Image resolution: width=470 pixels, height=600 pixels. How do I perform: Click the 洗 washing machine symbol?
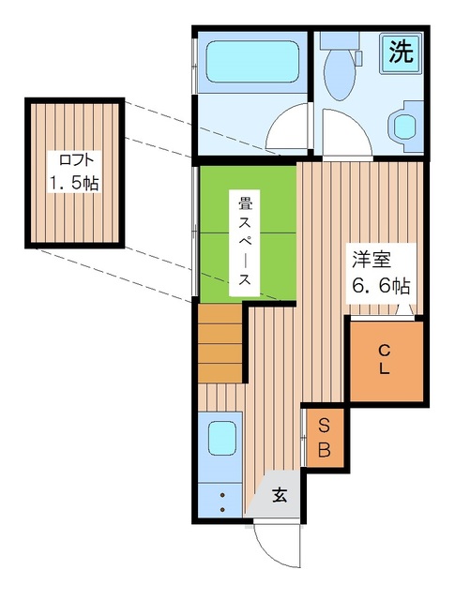(x=402, y=52)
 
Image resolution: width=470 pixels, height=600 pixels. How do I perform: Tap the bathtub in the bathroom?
(x=252, y=61)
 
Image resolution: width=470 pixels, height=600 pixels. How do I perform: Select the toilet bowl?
(x=340, y=74)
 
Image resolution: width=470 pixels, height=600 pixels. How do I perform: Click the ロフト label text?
(x=76, y=160)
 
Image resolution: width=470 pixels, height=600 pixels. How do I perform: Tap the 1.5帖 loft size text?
(x=74, y=184)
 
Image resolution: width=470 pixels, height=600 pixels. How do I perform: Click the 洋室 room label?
(x=371, y=260)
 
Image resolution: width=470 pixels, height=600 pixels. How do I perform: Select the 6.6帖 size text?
(x=381, y=285)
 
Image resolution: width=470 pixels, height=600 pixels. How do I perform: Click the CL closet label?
(x=385, y=359)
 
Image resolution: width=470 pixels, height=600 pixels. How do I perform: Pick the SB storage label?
(x=324, y=438)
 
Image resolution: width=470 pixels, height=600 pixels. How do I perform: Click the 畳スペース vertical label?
(x=245, y=243)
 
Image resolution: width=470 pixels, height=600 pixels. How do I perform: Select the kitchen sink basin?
(x=221, y=439)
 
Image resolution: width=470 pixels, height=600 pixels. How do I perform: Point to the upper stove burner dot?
(x=222, y=496)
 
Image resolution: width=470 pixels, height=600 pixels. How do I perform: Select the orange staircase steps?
(x=220, y=343)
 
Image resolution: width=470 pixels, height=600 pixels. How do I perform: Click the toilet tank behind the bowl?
(x=340, y=40)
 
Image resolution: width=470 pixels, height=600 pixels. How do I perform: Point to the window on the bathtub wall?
(x=194, y=67)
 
